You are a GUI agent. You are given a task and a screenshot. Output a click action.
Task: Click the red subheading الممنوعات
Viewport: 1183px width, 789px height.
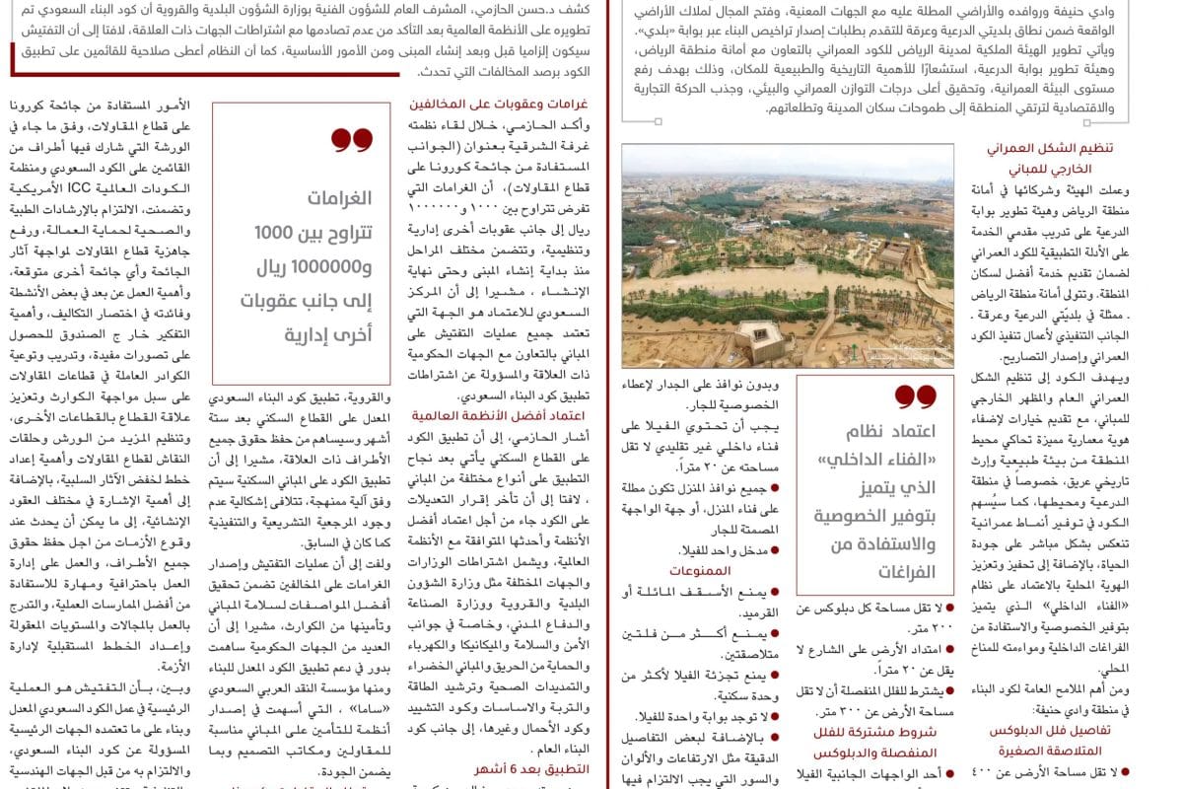tap(700, 570)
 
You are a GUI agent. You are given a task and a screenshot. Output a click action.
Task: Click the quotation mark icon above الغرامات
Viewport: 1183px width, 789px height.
tap(352, 140)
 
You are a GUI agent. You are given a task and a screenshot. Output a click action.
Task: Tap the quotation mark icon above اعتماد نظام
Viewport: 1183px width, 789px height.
tap(915, 396)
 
